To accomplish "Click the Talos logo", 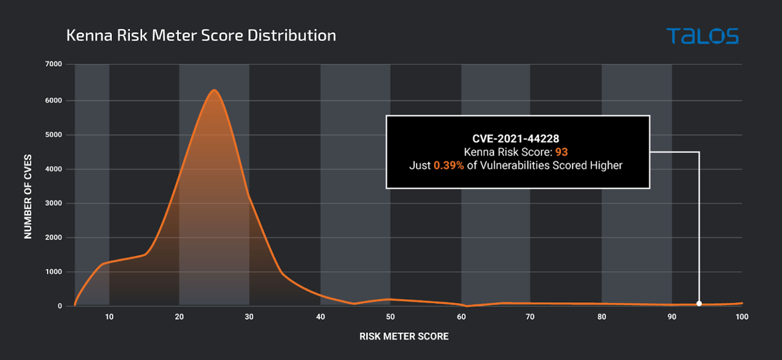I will (702, 36).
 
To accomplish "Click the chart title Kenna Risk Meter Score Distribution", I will (201, 36).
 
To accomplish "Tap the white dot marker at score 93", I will (699, 303).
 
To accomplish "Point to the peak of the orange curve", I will (214, 90).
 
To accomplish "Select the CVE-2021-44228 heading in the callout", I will (516, 139).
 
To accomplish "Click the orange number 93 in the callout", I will (561, 152).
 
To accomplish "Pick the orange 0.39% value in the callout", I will (448, 166).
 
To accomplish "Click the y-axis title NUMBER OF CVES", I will (28, 196).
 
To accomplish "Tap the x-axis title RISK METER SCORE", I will (404, 337).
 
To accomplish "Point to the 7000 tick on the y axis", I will (54, 64).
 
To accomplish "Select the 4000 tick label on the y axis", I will (54, 169).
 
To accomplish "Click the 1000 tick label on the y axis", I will (54, 272).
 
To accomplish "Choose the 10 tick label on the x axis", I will (109, 317).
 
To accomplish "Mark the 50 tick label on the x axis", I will (390, 317).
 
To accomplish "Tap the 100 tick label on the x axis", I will (742, 317).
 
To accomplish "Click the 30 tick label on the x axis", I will (249, 317).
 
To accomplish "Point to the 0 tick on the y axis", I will (60, 306).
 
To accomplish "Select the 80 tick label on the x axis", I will (601, 317).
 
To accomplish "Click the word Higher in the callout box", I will (606, 166).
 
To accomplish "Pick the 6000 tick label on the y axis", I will (54, 100).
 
